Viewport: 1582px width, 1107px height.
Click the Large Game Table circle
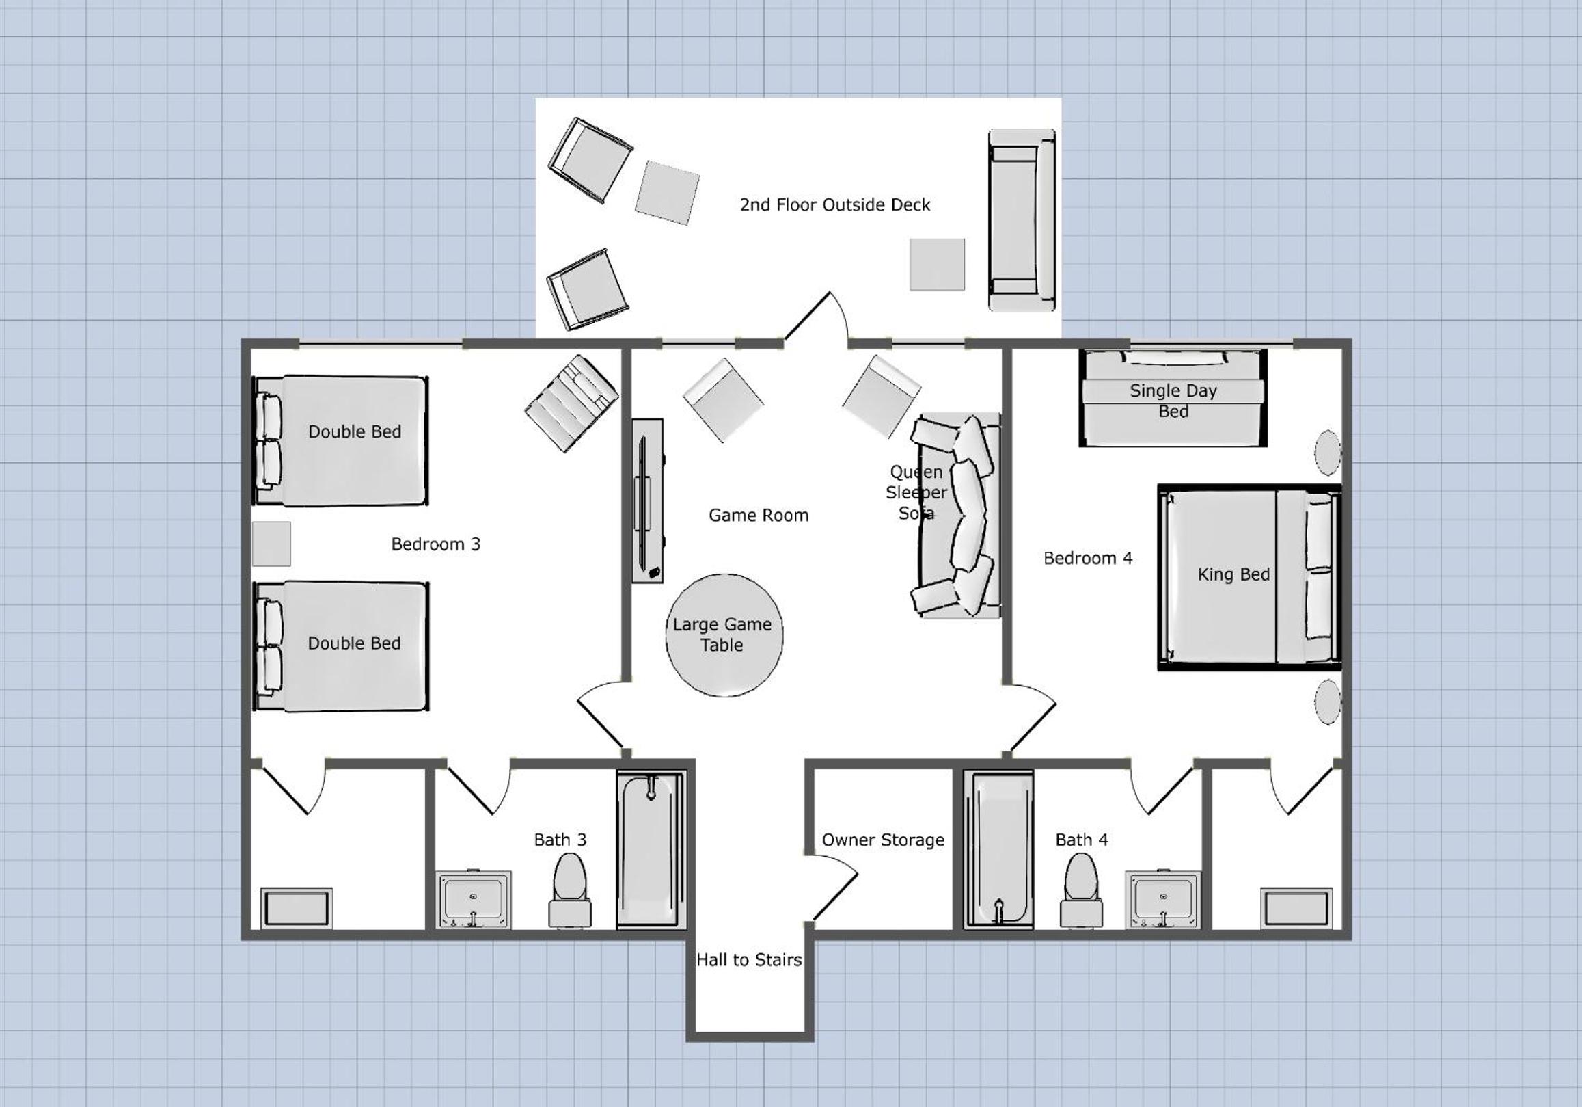pos(724,635)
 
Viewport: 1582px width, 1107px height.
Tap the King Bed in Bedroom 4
pos(1249,577)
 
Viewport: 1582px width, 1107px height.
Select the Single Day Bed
pos(1173,398)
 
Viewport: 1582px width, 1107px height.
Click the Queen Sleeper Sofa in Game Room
pos(958,516)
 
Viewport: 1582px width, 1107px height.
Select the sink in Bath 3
pos(474,900)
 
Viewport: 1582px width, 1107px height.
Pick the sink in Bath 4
pos(1163,900)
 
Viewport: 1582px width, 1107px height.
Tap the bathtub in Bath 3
pos(651,849)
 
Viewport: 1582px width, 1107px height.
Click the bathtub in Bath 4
pos(998,849)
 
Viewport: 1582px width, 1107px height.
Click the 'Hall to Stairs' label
pos(749,960)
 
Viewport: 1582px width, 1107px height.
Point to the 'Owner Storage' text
pos(883,840)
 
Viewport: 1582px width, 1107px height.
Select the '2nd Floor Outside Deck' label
pos(835,204)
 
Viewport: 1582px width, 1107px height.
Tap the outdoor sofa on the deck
pos(1022,220)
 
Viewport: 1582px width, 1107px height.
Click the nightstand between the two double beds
pos(271,544)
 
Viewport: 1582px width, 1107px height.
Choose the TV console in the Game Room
pos(648,501)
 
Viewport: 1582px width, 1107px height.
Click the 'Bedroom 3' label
pos(435,544)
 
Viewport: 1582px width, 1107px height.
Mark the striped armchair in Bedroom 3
pos(572,404)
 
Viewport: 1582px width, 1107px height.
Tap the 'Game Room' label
pos(759,516)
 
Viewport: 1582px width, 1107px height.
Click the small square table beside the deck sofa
pos(937,265)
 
